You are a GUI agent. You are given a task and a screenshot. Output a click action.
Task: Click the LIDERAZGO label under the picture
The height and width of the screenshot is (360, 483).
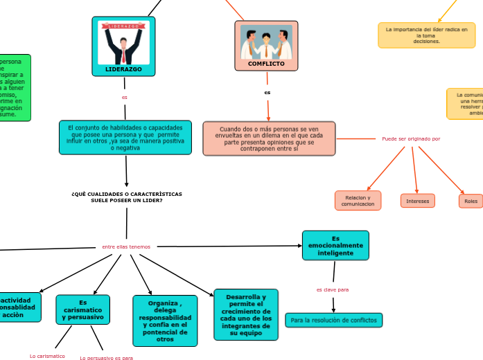[x=123, y=69]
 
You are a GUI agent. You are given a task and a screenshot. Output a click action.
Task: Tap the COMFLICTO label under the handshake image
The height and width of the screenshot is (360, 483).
[x=266, y=64]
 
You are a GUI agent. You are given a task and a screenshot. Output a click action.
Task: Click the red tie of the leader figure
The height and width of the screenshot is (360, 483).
[x=123, y=53]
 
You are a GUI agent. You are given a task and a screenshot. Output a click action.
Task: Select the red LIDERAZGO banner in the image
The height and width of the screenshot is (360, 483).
[x=123, y=26]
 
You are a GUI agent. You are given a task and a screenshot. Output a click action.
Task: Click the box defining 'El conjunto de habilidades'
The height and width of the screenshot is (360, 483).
[x=125, y=137]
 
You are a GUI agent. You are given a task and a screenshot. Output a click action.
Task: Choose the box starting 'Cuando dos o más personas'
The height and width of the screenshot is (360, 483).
[x=269, y=138]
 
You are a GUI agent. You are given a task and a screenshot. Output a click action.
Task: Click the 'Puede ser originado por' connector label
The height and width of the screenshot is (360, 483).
[x=411, y=138]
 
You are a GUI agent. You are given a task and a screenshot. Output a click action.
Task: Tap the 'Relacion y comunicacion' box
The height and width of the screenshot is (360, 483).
[x=358, y=201]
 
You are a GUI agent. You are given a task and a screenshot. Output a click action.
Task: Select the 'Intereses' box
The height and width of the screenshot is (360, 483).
[x=418, y=201]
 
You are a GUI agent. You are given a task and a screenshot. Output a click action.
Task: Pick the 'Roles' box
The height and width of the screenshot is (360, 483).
[x=471, y=201]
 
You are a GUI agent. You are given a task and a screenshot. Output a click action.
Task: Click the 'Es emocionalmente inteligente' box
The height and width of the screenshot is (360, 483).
[x=335, y=245]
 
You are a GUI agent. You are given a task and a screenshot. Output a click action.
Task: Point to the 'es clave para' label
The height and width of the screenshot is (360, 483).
[x=333, y=289]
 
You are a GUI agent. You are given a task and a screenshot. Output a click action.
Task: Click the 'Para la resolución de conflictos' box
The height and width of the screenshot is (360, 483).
[x=334, y=320]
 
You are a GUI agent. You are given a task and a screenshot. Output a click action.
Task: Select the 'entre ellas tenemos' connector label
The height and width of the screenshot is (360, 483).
[x=126, y=246]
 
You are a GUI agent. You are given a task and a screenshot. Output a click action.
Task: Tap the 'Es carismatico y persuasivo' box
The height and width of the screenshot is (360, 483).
[x=83, y=309]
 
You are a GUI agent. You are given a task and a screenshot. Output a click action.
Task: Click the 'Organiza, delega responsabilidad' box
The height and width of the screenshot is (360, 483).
[x=165, y=321]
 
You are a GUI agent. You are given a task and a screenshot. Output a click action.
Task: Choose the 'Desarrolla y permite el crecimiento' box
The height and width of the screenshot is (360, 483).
[x=246, y=315]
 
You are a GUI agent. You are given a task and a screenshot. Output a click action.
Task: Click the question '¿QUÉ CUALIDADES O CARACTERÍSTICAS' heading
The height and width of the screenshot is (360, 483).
[x=127, y=197]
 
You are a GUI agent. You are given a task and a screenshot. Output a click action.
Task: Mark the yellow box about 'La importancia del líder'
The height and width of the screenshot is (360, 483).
[x=427, y=35]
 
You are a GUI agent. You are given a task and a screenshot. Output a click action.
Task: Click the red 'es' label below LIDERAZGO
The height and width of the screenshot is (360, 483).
[x=125, y=97]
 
